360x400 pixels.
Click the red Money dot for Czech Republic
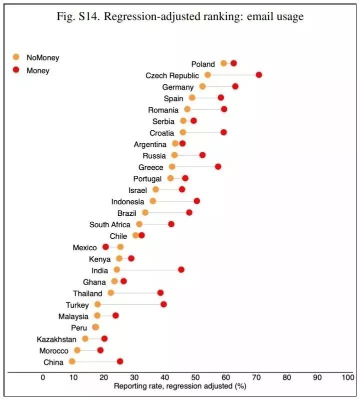click(258, 75)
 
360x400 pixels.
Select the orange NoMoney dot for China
click(72, 362)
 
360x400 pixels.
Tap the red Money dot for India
click(181, 270)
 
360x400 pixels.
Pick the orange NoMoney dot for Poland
click(223, 63)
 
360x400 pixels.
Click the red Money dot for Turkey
click(163, 304)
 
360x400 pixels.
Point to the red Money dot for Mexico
click(105, 247)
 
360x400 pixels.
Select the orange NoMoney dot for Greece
click(172, 167)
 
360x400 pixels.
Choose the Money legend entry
click(38, 70)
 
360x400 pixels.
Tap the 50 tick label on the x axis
click(195, 378)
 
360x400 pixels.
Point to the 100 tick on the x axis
click(347, 378)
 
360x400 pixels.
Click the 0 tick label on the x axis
click(43, 378)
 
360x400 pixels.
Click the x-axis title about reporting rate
click(180, 386)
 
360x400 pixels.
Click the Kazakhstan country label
click(56, 339)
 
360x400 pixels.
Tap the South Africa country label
click(109, 225)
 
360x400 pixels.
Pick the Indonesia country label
click(127, 202)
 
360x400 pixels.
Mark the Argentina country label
click(150, 144)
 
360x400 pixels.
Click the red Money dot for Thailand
click(160, 293)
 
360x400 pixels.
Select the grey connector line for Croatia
click(203, 132)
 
